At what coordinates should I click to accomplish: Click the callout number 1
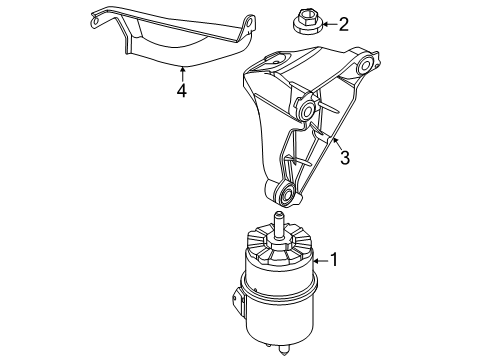(x=335, y=261)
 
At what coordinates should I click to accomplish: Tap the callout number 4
(x=182, y=91)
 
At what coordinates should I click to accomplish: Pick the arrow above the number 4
(x=182, y=72)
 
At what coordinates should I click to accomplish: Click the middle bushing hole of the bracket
(x=304, y=108)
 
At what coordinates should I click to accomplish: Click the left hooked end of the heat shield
(x=96, y=15)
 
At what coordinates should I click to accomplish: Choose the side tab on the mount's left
(x=239, y=300)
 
